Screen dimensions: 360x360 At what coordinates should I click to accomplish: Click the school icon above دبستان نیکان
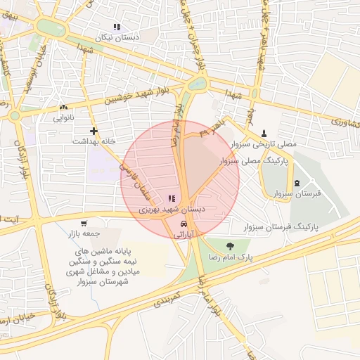(117, 27)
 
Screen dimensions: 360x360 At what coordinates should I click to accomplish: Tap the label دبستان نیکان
(117, 37)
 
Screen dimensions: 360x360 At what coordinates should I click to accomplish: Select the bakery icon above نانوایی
(64, 108)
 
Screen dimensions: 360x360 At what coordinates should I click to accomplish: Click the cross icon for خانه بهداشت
(94, 131)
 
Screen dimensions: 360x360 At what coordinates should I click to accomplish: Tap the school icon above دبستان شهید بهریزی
(172, 199)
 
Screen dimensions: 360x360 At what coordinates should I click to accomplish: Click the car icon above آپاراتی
(184, 224)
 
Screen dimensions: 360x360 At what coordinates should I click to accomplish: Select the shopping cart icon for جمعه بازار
(84, 223)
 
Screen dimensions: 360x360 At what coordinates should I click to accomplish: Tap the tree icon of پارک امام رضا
(231, 245)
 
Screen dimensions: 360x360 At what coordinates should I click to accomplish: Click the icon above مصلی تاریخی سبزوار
(264, 133)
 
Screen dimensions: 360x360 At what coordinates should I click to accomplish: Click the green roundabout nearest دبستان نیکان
(49, 27)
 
